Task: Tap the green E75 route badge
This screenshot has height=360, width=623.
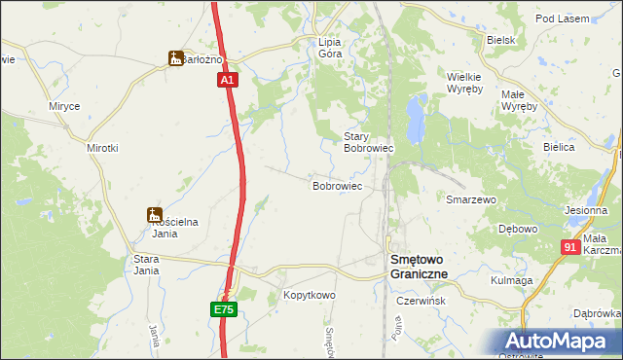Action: tap(224, 309)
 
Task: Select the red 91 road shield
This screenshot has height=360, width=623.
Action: tap(571, 248)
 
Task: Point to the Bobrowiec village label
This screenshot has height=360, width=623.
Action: tap(337, 185)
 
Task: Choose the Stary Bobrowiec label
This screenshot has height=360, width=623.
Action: tap(368, 143)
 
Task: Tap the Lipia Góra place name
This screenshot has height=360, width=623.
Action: tap(330, 49)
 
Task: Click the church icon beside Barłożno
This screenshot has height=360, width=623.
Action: tap(175, 58)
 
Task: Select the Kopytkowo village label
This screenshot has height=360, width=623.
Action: tap(309, 295)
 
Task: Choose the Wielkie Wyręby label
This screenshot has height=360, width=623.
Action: tap(464, 83)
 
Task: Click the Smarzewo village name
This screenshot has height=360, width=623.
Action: tap(470, 199)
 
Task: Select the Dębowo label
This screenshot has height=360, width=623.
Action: tap(518, 230)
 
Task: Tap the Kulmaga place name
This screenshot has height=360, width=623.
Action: tap(512, 280)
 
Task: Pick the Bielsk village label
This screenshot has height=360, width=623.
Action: tap(499, 40)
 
